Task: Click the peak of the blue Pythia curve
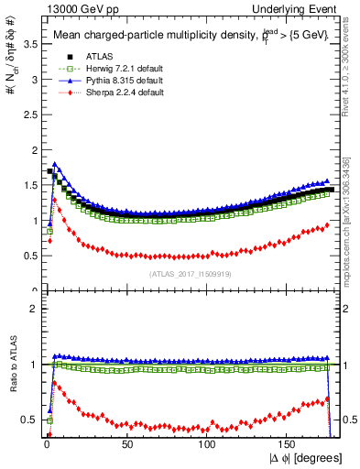pyautogui.click(x=55, y=165)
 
